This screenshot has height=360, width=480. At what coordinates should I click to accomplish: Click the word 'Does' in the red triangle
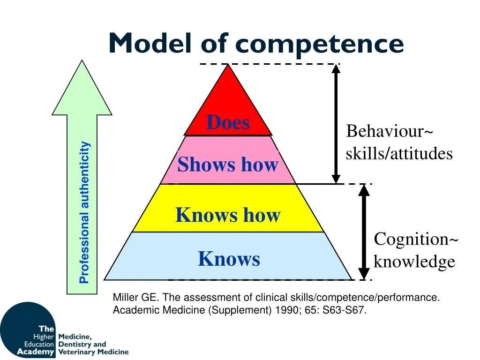coord(228,123)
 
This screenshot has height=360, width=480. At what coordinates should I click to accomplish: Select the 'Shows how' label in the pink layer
coord(228,165)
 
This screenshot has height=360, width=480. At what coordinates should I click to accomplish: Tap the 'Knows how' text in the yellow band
coord(228,215)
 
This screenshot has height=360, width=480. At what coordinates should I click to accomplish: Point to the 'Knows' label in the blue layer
coord(229,259)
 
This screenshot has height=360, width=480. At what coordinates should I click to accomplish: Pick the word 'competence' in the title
coord(320,44)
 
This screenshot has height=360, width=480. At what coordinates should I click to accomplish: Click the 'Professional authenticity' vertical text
coord(84,212)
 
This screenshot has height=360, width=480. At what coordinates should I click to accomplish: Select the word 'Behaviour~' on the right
coord(390,131)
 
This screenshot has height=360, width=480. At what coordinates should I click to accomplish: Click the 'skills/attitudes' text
coord(399,154)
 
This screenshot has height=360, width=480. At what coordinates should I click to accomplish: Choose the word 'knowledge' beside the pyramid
coord(414,262)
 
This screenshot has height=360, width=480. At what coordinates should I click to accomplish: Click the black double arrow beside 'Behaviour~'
coord(336,124)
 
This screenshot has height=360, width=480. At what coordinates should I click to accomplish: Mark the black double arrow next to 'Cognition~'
coord(364,232)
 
